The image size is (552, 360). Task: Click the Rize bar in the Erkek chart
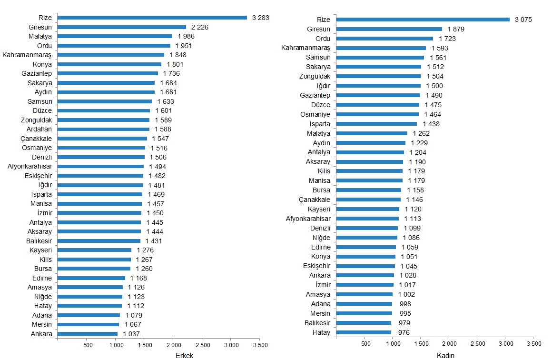[152, 18]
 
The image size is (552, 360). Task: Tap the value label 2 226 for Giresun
[200, 27]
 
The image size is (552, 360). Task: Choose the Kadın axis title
[446, 355]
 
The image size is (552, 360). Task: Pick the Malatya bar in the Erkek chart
[115, 36]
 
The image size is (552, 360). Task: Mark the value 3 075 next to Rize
[523, 20]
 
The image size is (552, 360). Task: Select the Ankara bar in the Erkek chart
[87, 334]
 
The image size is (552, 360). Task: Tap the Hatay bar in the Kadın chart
[364, 332]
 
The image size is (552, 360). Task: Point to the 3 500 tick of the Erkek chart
[260, 344]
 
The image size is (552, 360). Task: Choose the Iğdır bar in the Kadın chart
[378, 86]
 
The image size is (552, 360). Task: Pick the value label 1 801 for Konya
[175, 64]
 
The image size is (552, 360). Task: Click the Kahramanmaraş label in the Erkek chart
[27, 55]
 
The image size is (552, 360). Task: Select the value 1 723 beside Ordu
[447, 39]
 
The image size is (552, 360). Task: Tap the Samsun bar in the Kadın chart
[380, 57]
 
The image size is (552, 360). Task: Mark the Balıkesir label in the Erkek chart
[39, 241]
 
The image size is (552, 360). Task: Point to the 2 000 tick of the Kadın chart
[449, 343]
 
